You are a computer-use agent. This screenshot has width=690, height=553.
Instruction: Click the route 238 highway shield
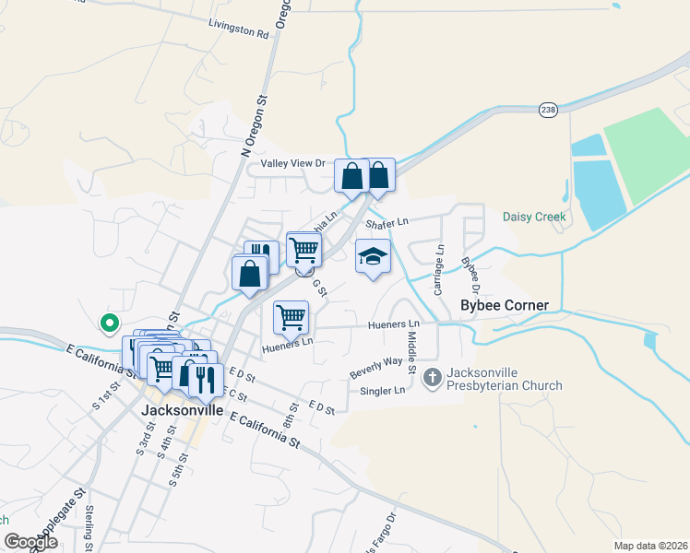coord(550,110)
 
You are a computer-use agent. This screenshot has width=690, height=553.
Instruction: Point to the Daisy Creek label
coord(534,218)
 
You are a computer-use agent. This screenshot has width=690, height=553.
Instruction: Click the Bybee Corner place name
coord(505,305)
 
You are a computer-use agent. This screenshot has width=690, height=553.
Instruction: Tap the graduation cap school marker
coord(373,256)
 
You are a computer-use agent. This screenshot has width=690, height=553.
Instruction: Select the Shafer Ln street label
coord(386,222)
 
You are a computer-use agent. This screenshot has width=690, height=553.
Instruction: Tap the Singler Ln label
coord(387,391)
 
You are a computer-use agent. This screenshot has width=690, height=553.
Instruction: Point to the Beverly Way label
coord(375,366)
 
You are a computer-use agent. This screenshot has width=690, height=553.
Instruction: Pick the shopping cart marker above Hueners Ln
coord(291,317)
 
